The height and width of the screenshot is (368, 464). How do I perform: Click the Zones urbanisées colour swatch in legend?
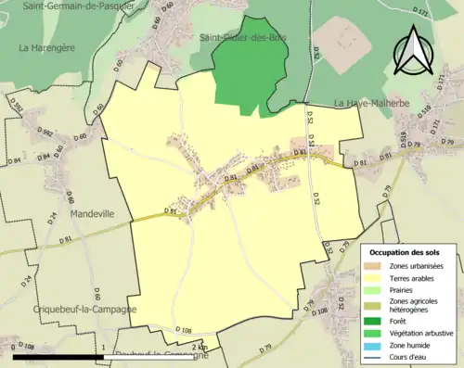pyautogui.click(x=376, y=266)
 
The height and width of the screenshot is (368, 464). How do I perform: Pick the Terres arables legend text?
pyautogui.click(x=416, y=277)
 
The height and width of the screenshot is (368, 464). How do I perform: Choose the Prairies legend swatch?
pyautogui.click(x=376, y=288)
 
